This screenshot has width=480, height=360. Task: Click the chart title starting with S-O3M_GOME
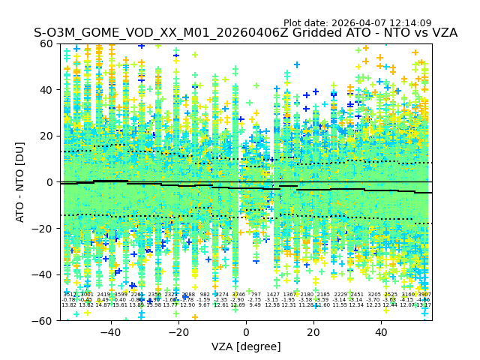(x=245, y=34)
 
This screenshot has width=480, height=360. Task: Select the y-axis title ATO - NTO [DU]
(x=20, y=182)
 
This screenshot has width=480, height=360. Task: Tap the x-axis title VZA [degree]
(x=245, y=346)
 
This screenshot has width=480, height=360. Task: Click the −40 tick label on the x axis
(x=110, y=332)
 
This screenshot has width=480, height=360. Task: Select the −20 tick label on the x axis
(x=178, y=332)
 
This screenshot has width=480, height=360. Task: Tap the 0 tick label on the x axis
(x=246, y=332)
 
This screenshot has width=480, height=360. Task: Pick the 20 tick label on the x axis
(x=313, y=332)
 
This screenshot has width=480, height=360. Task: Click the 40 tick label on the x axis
(x=381, y=332)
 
